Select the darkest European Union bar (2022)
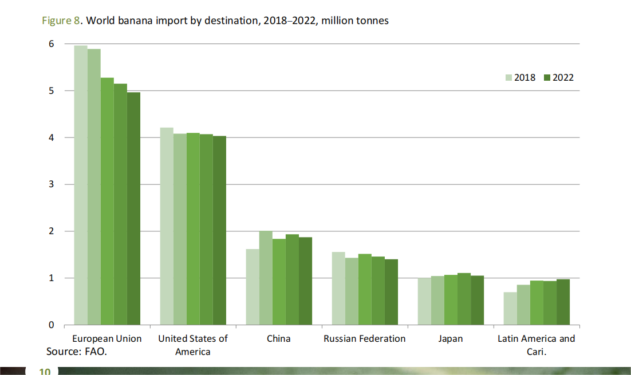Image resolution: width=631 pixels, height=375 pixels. click(x=133, y=208)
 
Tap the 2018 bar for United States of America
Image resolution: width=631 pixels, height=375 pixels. click(x=166, y=226)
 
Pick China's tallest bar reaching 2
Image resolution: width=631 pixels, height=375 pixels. click(x=265, y=278)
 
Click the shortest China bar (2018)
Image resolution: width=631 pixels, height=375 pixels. click(x=252, y=287)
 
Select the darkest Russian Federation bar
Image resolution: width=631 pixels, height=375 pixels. click(x=391, y=292)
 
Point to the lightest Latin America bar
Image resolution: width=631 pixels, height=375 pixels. click(x=510, y=309)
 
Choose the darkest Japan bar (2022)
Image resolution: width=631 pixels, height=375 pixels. click(x=477, y=300)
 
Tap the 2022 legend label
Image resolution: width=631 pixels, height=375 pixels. click(x=563, y=78)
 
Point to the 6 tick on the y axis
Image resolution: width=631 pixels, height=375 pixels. click(x=51, y=44)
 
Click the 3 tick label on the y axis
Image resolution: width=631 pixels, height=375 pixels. click(x=51, y=184)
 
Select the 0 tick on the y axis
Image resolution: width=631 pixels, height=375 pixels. click(x=51, y=325)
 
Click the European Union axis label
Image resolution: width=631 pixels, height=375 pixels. click(x=107, y=338)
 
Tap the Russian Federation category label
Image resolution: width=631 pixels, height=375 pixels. click(x=364, y=338)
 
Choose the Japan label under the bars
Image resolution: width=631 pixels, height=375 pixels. click(x=450, y=338)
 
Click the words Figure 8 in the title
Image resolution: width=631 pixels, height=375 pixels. click(x=62, y=21)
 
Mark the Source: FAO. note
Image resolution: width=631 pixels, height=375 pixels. click(x=77, y=351)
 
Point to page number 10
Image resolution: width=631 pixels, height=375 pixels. click(x=45, y=372)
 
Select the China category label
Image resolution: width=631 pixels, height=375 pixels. click(x=278, y=338)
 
